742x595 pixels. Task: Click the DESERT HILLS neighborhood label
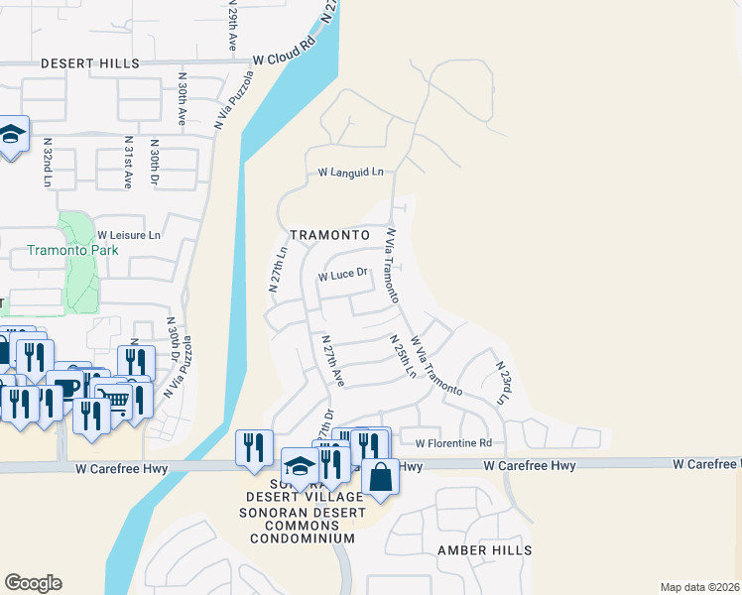point(90,63)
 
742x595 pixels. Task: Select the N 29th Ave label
point(232,30)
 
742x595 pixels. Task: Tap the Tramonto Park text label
point(72,250)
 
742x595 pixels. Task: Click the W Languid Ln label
point(350,173)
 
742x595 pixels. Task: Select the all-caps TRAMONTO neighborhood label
point(329,235)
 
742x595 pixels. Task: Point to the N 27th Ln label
point(278,268)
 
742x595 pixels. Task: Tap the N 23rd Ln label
point(502,382)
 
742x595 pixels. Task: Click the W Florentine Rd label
point(453,443)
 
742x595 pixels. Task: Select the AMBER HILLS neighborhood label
point(485,550)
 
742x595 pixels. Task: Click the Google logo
point(34,583)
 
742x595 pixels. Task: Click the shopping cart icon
point(116,400)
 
